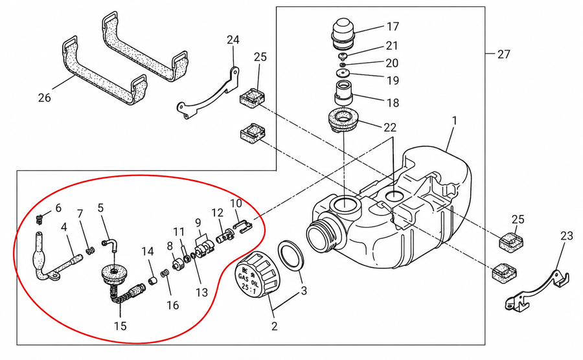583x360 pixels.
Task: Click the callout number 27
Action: coord(503,54)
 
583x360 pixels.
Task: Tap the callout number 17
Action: coord(393,27)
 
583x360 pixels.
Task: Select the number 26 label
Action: coord(44,98)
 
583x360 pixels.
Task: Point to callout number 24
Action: coord(233,39)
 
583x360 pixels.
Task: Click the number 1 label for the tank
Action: coord(454,120)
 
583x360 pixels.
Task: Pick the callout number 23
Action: coord(567,236)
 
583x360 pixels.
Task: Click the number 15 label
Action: coord(120,326)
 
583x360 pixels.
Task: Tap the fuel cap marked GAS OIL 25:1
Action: coord(258,274)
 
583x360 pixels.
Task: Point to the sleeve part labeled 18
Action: coord(343,93)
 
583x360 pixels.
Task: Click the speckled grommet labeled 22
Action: coord(343,120)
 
